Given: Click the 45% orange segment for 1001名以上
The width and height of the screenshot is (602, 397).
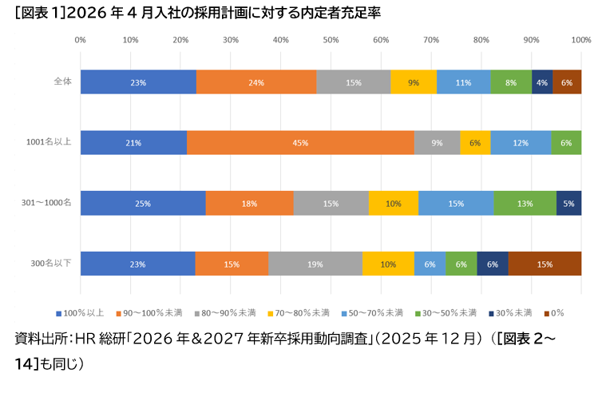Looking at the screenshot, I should tap(300, 143).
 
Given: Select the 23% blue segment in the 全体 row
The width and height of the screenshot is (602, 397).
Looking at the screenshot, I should tap(138, 82).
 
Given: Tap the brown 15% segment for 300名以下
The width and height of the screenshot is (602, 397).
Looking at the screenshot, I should tap(545, 264).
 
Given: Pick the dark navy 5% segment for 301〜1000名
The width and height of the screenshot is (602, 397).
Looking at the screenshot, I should tap(568, 203).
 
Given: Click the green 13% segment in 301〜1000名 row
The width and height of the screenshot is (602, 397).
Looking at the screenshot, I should tap(525, 203).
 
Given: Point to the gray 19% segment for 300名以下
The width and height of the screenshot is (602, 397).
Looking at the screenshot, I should tap(315, 264).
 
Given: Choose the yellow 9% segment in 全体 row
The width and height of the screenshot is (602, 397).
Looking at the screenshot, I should tap(414, 82).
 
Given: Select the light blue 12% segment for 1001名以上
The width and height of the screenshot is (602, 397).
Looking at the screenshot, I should tap(521, 143).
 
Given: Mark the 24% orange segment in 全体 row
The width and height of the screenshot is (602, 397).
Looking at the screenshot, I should tap(256, 82).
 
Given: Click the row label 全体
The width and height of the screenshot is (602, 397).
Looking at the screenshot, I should tap(62, 81).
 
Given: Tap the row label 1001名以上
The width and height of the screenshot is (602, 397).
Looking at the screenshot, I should tap(50, 142).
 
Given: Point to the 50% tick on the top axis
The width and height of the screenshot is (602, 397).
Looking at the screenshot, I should tap(331, 39).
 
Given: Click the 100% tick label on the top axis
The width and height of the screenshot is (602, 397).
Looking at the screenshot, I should tap(580, 39).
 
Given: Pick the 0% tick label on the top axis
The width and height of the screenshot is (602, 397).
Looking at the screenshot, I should tap(81, 39).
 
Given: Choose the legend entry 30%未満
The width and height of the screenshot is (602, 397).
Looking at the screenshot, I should tap(510, 312).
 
